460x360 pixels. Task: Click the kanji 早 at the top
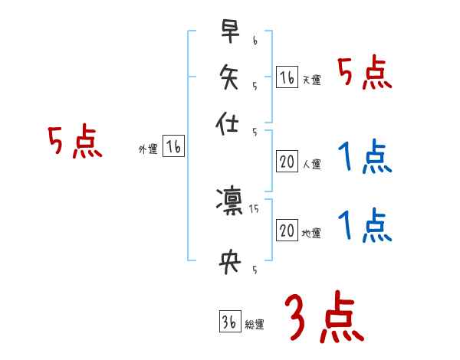pyautogui.click(x=229, y=33)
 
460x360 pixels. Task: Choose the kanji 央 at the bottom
pyautogui.click(x=229, y=262)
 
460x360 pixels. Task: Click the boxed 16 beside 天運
pyautogui.click(x=287, y=77)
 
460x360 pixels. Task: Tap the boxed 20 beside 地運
pyautogui.click(x=287, y=231)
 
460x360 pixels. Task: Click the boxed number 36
pyautogui.click(x=228, y=322)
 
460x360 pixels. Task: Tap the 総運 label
pyautogui.click(x=254, y=325)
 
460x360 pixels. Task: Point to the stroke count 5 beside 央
pyautogui.click(x=255, y=269)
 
